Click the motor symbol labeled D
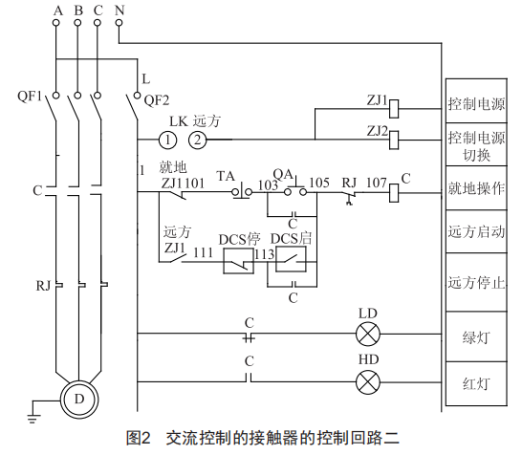tap(79, 399)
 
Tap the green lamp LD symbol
tap(368, 334)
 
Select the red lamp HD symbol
tap(368, 382)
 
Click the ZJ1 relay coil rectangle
tap(394, 109)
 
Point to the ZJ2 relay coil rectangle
tap(394, 140)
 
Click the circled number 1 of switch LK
tap(167, 140)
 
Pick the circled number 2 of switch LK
tap(198, 140)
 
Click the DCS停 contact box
tap(238, 262)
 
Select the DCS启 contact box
tap(291, 260)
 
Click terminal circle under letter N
tap(119, 23)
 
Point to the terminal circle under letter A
tap(56, 23)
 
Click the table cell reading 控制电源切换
tap(476, 144)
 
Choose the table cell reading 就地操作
tap(476, 188)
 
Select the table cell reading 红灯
tap(476, 383)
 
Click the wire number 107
tap(377, 183)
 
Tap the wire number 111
tap(203, 252)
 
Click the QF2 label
tap(157, 100)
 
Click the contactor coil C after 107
tap(394, 193)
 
